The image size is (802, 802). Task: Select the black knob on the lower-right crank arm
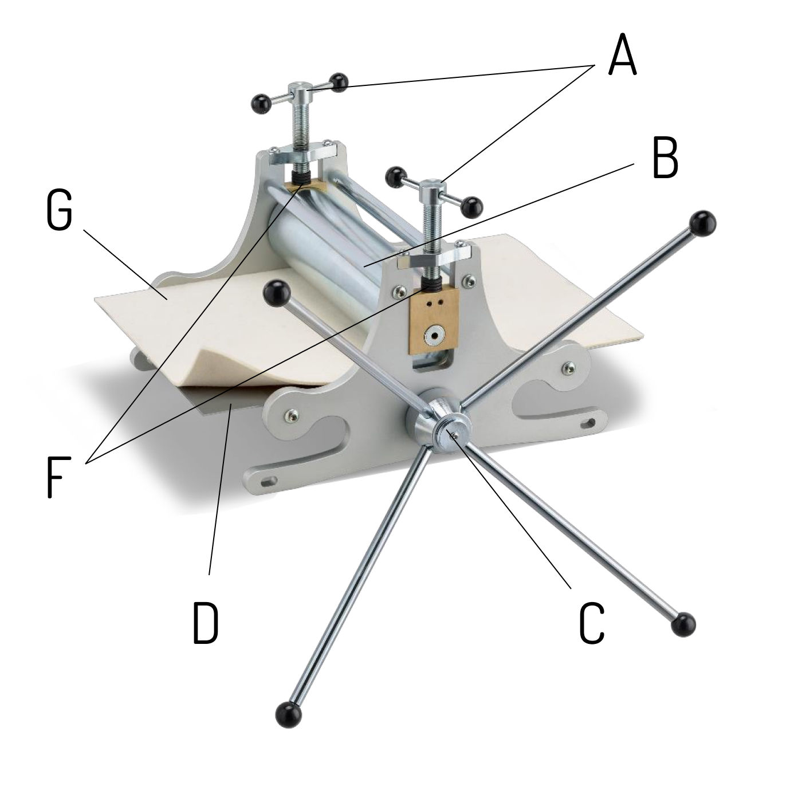coord(683,624)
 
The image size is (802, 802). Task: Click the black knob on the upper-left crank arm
coord(276,293)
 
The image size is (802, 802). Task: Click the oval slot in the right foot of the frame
coord(588,424)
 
